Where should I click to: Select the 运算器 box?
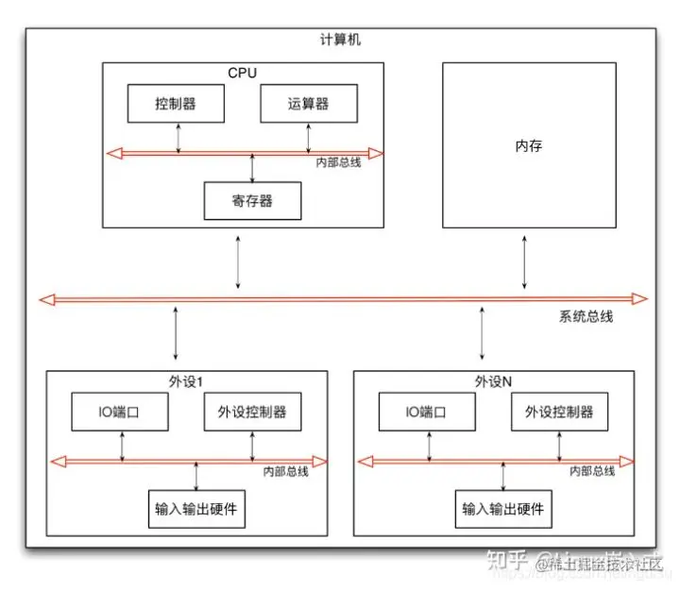coord(309,103)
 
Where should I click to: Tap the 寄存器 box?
coord(251,200)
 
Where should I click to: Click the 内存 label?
coord(528,146)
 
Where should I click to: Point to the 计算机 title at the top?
coord(340,40)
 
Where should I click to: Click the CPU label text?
coord(243,73)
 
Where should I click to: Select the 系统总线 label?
coord(586,317)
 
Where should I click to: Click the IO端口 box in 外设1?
coord(121,412)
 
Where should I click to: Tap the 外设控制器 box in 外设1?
coord(252,412)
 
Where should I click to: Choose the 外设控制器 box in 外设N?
coord(559,412)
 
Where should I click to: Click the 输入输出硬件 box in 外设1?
coord(195,509)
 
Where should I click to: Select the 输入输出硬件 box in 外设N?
coord(501,509)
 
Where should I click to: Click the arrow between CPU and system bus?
coord(238,263)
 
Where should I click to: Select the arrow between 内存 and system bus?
coord(525,263)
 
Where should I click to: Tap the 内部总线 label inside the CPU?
coord(337,163)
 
